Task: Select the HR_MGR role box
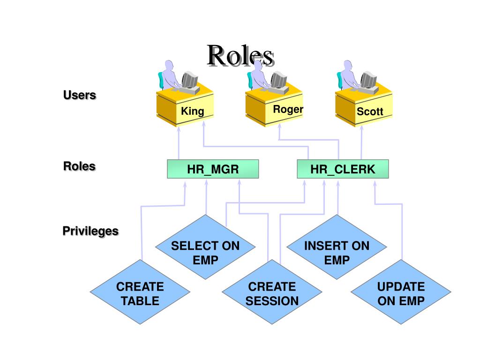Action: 213,169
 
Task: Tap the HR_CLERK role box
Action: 343,169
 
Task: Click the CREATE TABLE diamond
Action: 140,292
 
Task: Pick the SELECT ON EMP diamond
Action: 205,247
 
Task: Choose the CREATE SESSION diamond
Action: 272,292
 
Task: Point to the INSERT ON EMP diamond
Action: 337,247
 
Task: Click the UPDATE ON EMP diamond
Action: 401,292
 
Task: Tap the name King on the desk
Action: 193,111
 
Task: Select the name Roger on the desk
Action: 288,109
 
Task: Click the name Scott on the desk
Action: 370,112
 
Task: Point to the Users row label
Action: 80,95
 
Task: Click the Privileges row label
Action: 90,231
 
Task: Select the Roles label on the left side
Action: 80,166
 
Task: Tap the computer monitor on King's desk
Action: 189,80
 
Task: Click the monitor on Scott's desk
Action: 368,80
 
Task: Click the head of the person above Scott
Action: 348,65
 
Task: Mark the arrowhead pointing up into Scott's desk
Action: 361,128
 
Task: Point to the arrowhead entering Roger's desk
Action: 279,127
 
